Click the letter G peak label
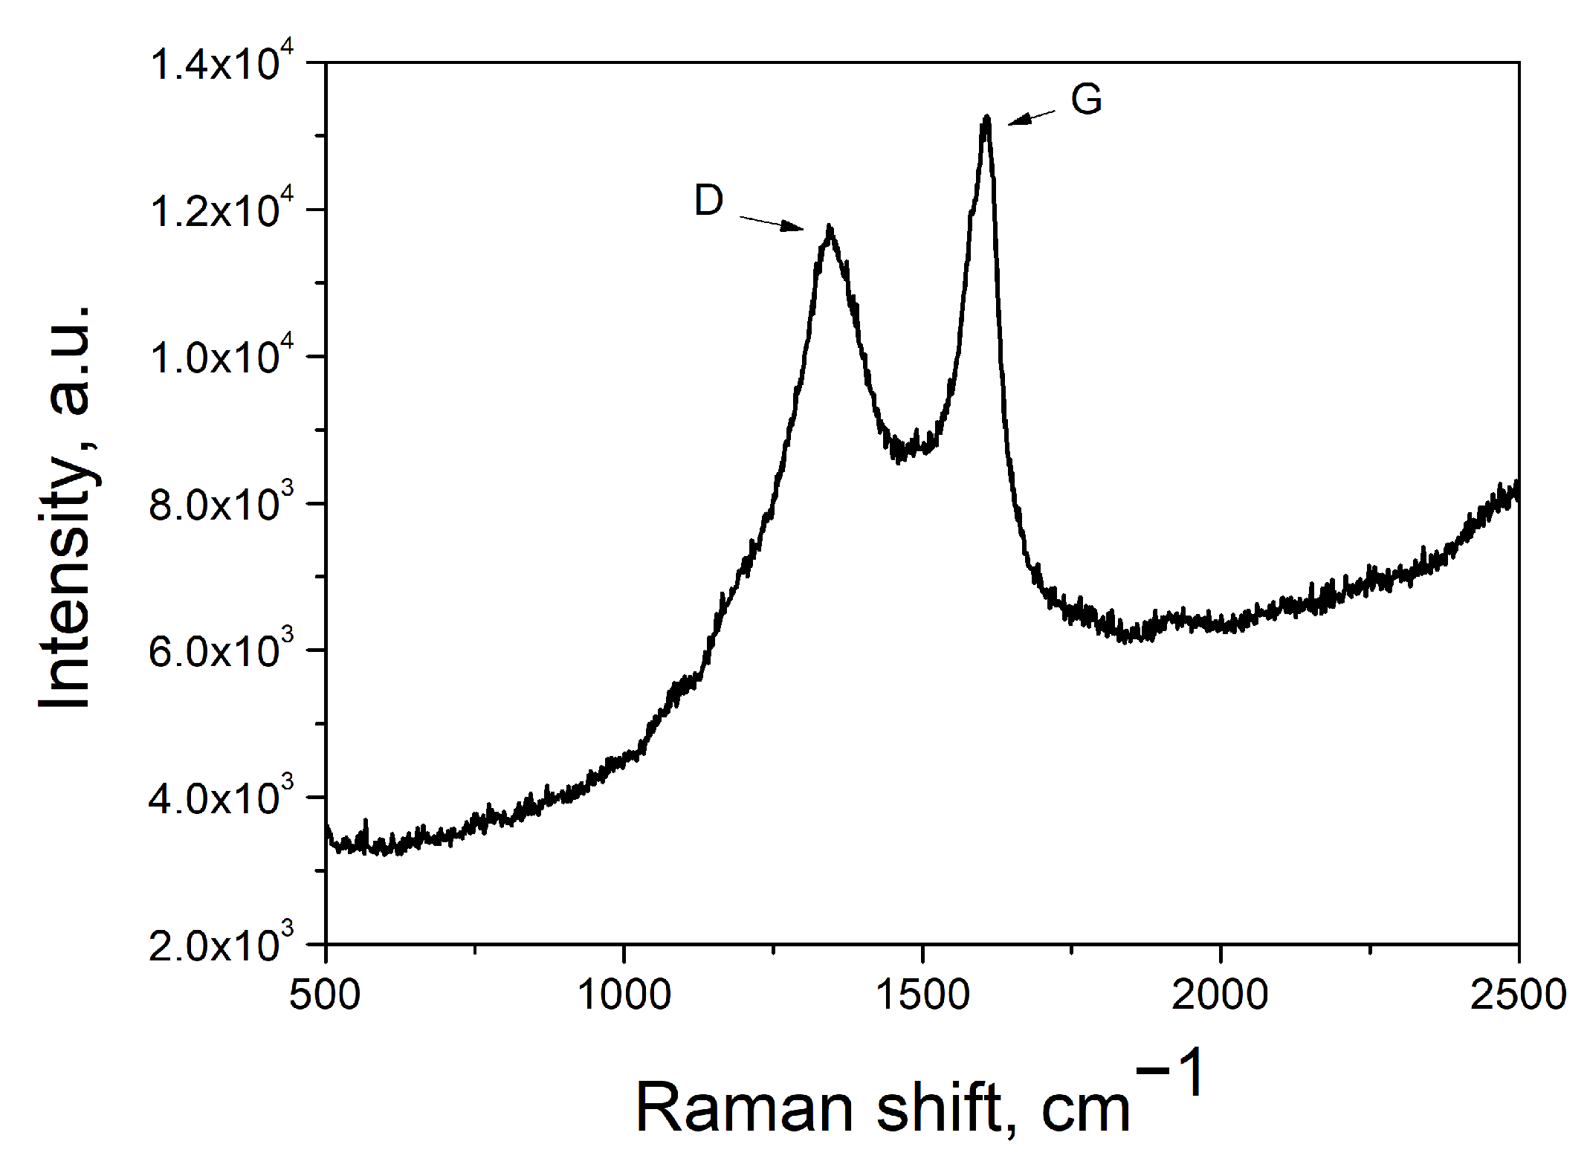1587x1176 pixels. tap(1086, 100)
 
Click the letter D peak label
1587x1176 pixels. tap(708, 201)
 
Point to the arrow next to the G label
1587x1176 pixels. tap(1031, 118)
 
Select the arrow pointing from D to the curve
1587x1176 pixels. tap(772, 223)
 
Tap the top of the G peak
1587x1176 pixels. tap(986, 117)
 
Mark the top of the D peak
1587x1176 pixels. tap(830, 227)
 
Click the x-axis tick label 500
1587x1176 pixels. tap(325, 995)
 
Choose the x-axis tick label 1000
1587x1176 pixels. tap(624, 995)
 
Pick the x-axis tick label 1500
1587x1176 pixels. tap(922, 995)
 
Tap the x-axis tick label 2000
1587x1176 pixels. tap(1220, 995)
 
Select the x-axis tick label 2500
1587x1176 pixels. tap(1518, 995)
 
